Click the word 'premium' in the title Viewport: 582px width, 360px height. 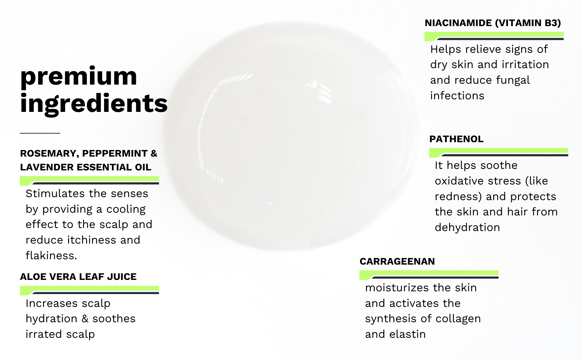pos(79,77)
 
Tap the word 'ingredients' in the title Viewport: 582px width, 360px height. pos(94,104)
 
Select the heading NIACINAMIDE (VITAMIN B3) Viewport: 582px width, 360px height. pos(493,23)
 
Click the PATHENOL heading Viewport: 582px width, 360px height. pos(456,139)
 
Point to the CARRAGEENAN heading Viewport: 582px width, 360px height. pos(397,262)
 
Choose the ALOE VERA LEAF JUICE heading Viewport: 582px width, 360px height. pos(78,277)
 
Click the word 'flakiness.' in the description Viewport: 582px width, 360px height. pos(51,256)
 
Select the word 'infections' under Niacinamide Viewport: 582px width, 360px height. pos(457,96)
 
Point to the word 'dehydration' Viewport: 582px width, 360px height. pos(467,227)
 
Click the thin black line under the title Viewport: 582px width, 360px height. pos(40,133)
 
